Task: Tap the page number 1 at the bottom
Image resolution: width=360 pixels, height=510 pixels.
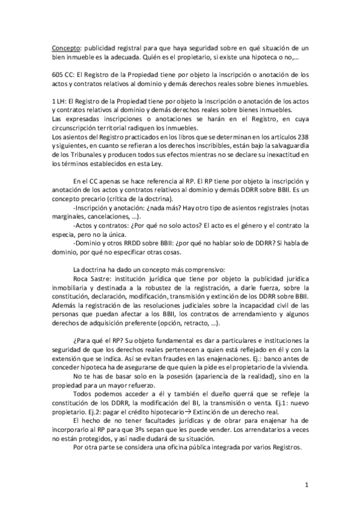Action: (x=307, y=485)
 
